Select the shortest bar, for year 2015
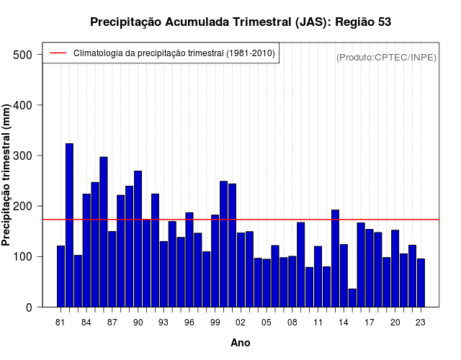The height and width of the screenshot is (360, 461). [x=352, y=298]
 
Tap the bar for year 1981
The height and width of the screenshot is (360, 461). [x=61, y=276]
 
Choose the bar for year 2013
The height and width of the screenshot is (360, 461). [x=335, y=258]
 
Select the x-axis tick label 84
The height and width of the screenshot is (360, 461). [x=86, y=323]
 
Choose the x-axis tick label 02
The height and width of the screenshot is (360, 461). [x=241, y=323]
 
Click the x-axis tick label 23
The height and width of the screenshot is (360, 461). [x=421, y=323]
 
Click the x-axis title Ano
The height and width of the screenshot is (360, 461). [x=241, y=343]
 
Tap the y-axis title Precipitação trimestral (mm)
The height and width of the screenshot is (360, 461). [x=7, y=175]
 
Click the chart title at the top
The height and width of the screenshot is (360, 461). [x=241, y=22]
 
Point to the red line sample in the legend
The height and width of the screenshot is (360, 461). [x=58, y=53]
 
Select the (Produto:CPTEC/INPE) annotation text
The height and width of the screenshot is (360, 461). [x=387, y=57]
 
